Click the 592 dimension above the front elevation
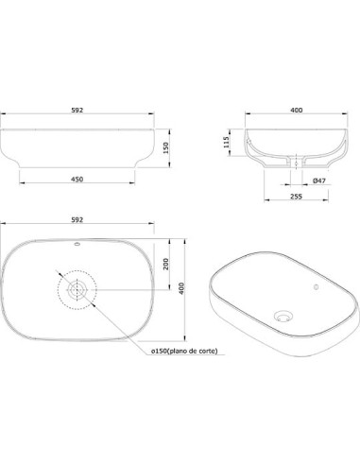pos(77,110)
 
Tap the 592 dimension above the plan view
pos(77,219)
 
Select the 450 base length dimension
pos(77,180)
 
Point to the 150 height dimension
pos(166,147)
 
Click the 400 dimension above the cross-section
pos(297,110)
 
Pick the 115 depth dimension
pos(226,142)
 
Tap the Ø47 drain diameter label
pos(319,181)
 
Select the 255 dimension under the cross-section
pos(296,197)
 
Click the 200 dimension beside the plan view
pos(166,264)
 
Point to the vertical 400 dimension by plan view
pos(181,288)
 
